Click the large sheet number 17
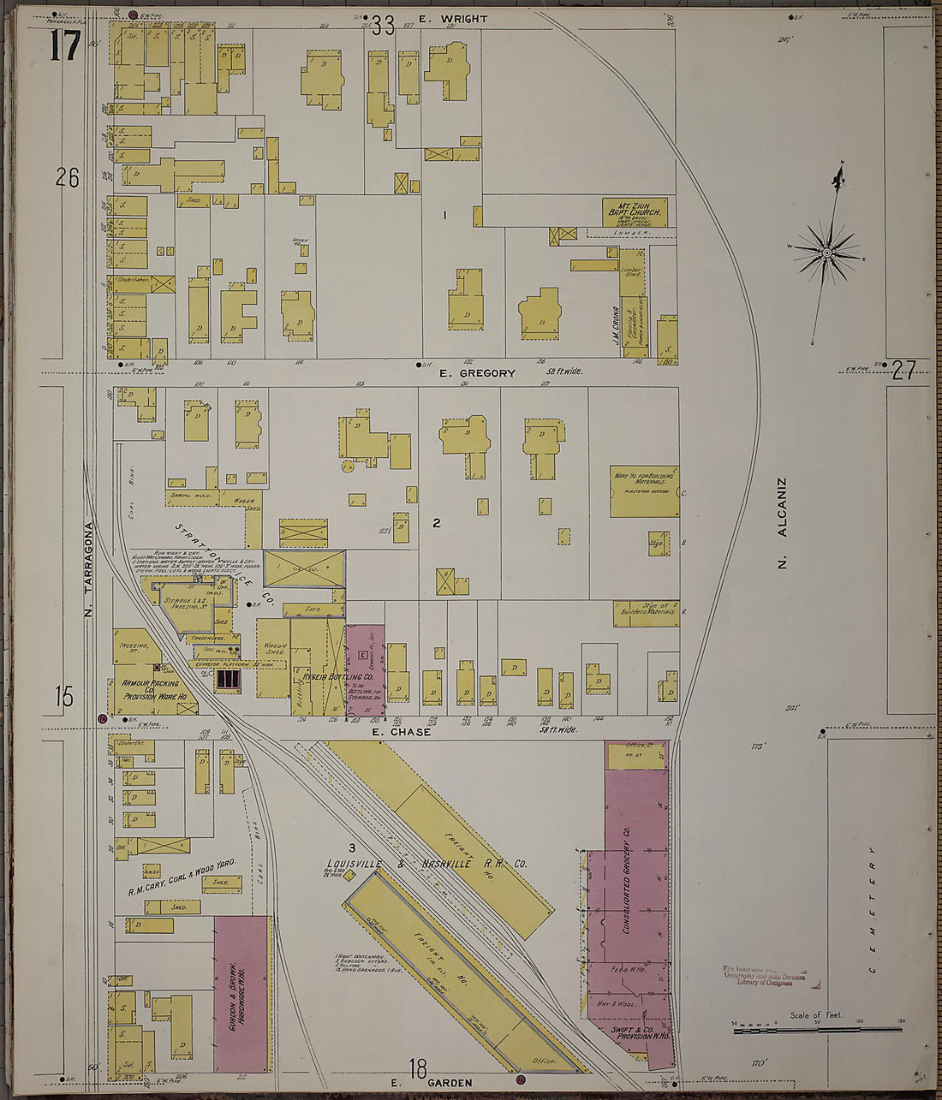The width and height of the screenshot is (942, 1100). pos(65,45)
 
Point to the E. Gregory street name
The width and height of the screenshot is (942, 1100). pos(477,373)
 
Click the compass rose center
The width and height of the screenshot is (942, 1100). pos(827,253)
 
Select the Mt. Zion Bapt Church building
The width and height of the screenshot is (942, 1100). pos(635,211)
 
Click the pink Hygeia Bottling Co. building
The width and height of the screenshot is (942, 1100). pos(365,668)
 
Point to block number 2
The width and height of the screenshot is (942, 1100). pos(436,523)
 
